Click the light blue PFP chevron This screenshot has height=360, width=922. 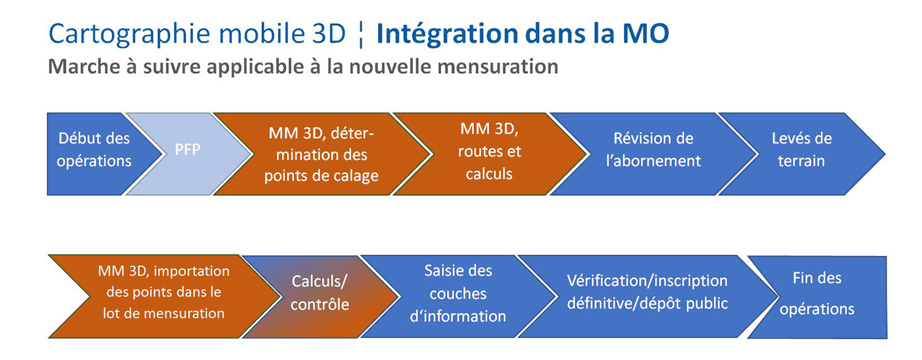pos(187,154)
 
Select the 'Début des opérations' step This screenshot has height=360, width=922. pos(95,154)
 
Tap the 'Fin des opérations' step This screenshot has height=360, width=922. pos(817,297)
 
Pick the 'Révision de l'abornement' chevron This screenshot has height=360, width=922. pos(653,154)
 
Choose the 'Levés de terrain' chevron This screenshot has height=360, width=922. pos(802,154)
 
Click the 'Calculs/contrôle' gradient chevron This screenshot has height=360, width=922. pos(320,297)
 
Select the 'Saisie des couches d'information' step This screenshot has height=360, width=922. pos(458,297)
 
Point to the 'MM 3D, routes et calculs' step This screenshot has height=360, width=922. pos(490,154)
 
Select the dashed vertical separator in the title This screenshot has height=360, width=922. pos(361,36)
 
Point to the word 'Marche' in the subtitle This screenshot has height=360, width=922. pos(84,66)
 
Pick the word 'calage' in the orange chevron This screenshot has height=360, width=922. pos(356,176)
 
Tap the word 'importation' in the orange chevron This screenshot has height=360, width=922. pos(191,271)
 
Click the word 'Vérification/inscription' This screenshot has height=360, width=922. pos(647,281)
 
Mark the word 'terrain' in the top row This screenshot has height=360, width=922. pos(802,161)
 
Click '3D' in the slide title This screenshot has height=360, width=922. pos(329,34)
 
